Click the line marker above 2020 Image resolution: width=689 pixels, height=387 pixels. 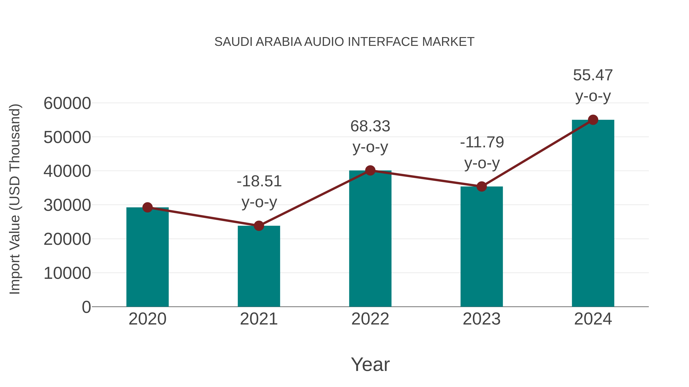click(x=147, y=207)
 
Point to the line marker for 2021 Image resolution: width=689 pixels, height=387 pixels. click(x=259, y=226)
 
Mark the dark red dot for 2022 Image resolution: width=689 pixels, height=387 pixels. click(x=370, y=170)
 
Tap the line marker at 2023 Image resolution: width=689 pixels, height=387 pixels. click(x=482, y=186)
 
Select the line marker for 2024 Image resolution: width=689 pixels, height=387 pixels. click(x=593, y=120)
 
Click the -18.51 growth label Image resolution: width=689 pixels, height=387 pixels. click(x=259, y=181)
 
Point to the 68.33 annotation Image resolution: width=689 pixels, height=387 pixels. click(x=370, y=126)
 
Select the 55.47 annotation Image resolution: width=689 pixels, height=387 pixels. click(x=593, y=75)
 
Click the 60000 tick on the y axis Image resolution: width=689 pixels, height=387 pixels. click(x=67, y=103)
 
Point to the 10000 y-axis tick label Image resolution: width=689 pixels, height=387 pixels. click(x=67, y=273)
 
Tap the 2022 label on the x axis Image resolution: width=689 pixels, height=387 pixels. click(x=370, y=319)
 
